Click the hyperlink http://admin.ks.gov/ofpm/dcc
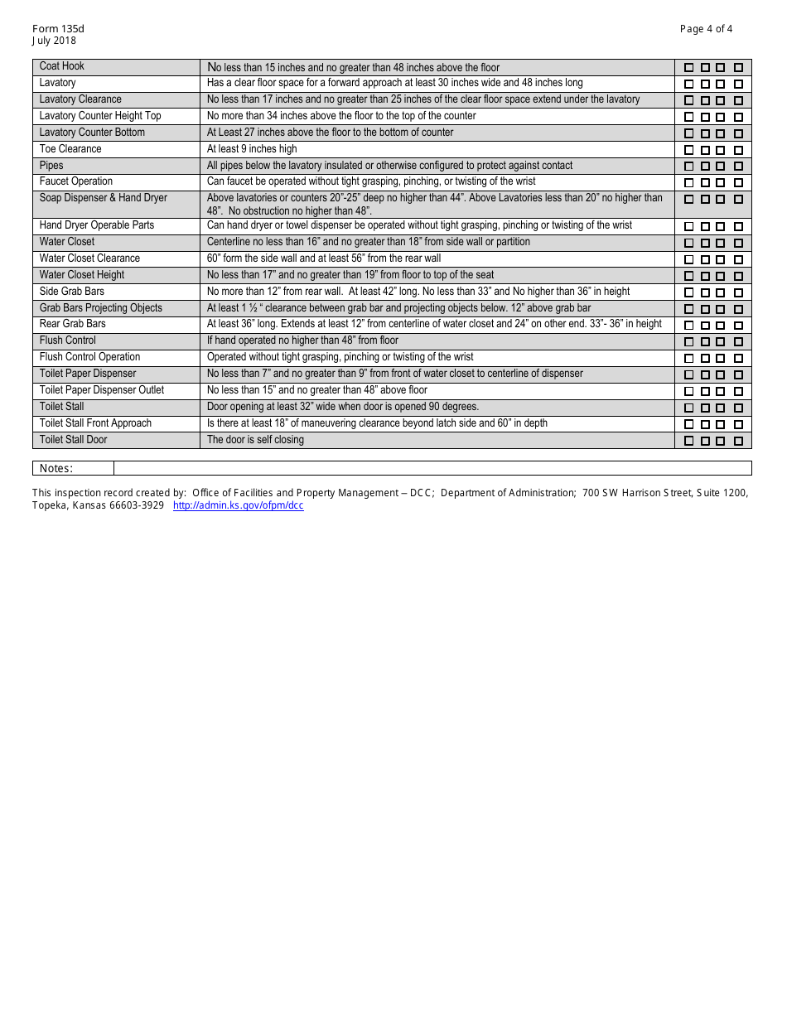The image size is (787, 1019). [238, 505]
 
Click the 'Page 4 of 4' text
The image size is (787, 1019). [706, 29]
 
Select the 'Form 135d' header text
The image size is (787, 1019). [58, 29]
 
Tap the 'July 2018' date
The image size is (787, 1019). [54, 41]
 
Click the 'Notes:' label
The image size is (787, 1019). [56, 469]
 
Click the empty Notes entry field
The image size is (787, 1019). [431, 469]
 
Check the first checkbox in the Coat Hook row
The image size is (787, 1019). [688, 68]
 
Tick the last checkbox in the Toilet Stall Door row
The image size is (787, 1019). [738, 441]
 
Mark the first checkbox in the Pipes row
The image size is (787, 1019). [688, 167]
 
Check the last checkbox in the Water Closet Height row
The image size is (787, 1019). [738, 276]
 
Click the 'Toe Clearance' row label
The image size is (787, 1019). [70, 149]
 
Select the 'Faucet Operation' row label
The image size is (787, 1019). [76, 181]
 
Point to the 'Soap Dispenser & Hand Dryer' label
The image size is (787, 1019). [104, 198]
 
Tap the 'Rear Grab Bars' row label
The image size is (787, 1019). [73, 324]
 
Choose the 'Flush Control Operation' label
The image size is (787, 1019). [90, 357]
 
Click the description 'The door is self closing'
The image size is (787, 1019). [255, 440]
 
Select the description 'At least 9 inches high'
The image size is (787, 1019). [252, 149]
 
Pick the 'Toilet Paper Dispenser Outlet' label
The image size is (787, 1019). [102, 390]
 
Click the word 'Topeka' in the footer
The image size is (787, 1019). [49, 505]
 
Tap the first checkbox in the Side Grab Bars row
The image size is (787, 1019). [688, 292]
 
